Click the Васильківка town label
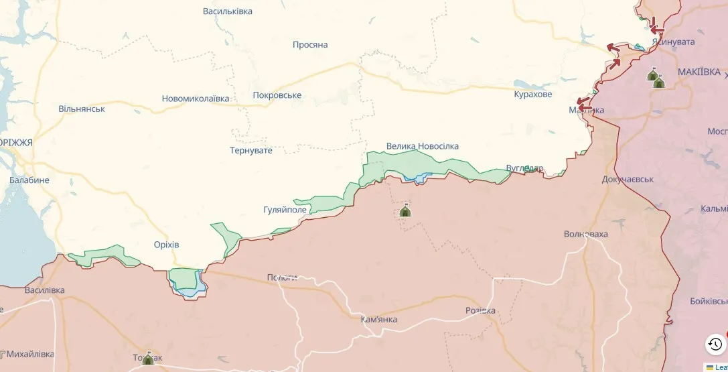(x=228, y=11)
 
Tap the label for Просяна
(x=310, y=45)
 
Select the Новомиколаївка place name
(x=196, y=99)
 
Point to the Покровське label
(x=277, y=95)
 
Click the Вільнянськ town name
(x=82, y=109)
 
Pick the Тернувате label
(x=251, y=150)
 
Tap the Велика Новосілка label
(x=423, y=146)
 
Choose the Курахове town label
(x=533, y=95)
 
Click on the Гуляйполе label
(x=285, y=210)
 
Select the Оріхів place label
(x=167, y=245)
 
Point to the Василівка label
(x=45, y=290)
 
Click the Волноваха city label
(x=586, y=234)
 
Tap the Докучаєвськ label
(x=628, y=180)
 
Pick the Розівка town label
(x=481, y=310)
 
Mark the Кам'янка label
(x=379, y=319)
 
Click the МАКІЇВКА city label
(x=699, y=72)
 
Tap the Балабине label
(x=29, y=180)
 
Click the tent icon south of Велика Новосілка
(x=405, y=210)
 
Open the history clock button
(x=715, y=344)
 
